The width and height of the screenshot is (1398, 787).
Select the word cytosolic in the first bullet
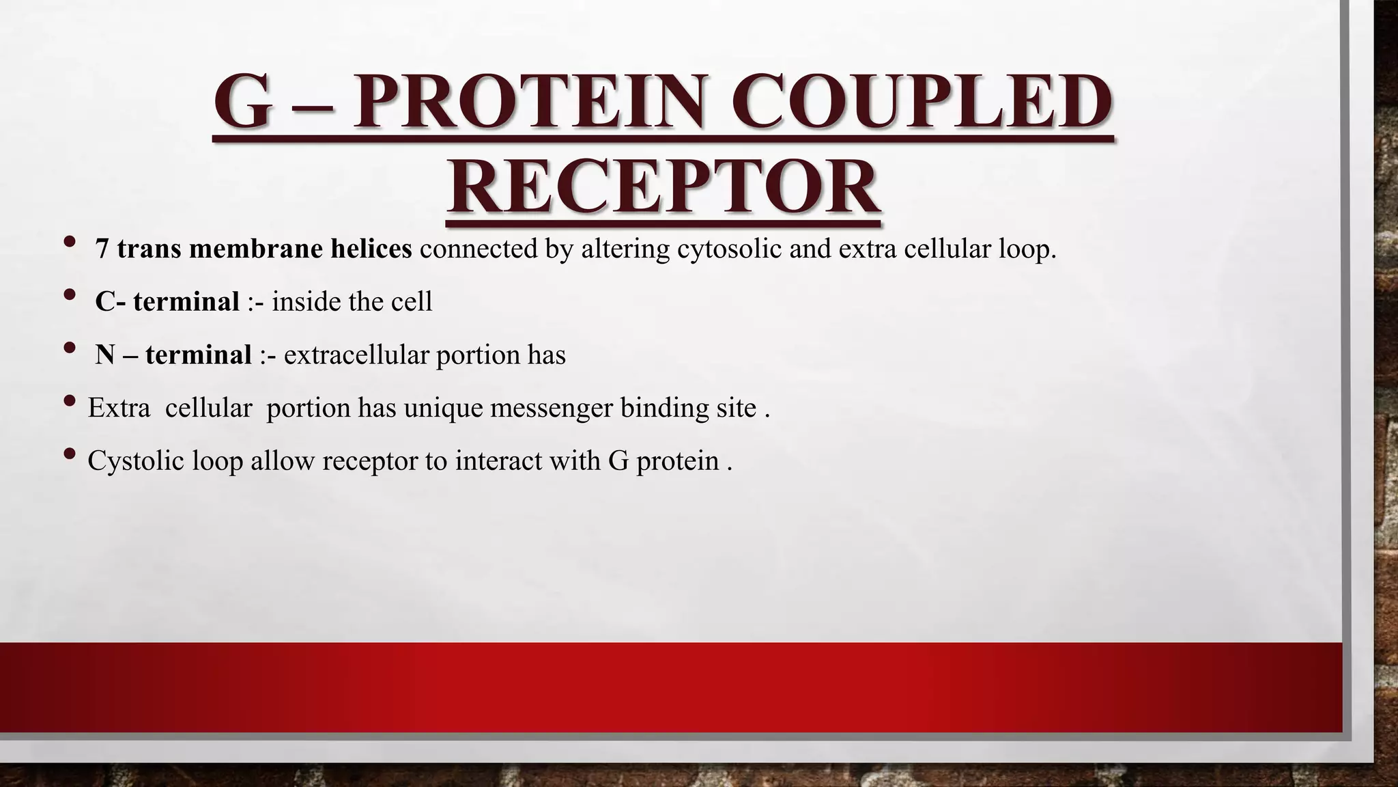[x=729, y=249]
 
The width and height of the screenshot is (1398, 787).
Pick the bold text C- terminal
[x=167, y=301]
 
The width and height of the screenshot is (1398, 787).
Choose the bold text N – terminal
[x=173, y=355]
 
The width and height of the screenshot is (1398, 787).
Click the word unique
[x=442, y=408]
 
